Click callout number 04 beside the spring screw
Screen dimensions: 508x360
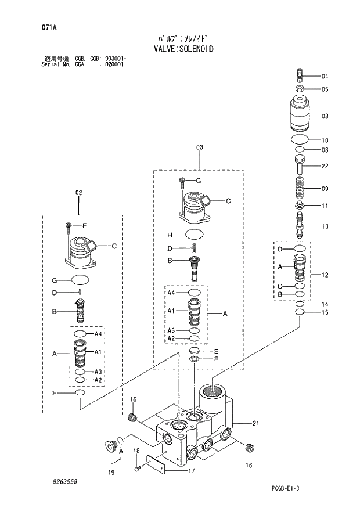325,77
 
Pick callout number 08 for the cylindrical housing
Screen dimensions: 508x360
325,116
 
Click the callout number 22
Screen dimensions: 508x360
325,167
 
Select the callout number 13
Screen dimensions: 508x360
325,226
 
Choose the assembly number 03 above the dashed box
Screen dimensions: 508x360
199,147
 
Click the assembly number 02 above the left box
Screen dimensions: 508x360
79,192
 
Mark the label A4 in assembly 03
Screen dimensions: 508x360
171,294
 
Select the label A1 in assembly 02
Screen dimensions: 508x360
98,352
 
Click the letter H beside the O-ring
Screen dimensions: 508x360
170,235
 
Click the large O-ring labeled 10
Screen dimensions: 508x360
300,140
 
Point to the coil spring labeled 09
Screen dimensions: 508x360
300,188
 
